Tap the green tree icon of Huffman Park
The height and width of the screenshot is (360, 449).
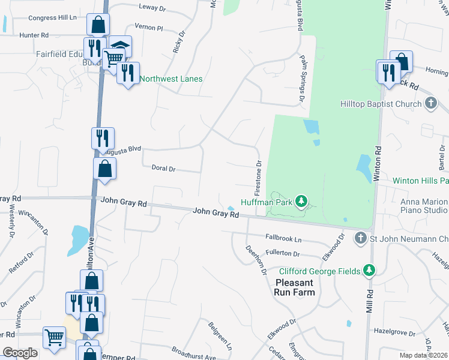(x=303, y=201)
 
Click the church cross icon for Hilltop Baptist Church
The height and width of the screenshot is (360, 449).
(x=430, y=103)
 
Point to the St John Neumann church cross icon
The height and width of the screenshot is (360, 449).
(x=360, y=239)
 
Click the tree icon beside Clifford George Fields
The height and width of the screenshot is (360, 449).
(x=371, y=271)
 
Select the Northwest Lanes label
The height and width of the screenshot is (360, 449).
(x=171, y=79)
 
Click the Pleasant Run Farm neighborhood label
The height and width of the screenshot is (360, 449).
(x=295, y=287)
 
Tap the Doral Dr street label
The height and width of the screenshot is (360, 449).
(x=163, y=169)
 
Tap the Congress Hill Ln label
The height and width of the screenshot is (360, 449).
(x=53, y=18)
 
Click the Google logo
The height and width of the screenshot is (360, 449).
(x=20, y=353)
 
